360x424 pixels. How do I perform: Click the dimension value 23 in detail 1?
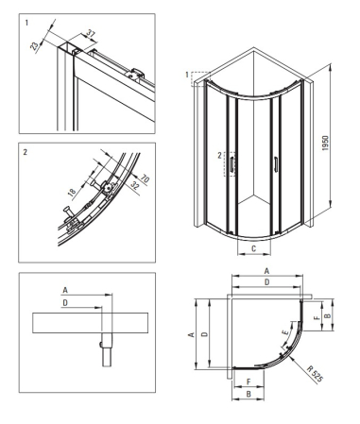point(34,45)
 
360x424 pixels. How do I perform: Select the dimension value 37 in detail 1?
point(91,33)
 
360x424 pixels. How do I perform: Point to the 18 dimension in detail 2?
point(72,192)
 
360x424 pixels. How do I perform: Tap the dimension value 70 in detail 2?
point(145,179)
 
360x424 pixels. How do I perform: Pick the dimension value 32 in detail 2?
point(134,185)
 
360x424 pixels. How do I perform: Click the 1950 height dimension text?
point(325,144)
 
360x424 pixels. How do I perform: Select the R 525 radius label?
point(315,374)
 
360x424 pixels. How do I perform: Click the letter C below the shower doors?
point(254,248)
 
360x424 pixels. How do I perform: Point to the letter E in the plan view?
point(284,332)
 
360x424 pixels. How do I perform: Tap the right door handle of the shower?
point(276,164)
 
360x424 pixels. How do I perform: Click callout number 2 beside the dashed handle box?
point(219,156)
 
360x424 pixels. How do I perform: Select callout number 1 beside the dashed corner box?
point(187,75)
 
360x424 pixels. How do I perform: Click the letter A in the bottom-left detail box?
point(65,290)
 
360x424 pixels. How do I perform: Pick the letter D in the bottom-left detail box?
point(65,303)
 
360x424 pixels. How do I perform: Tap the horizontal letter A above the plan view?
point(266,271)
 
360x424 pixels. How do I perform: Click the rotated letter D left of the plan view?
point(205,333)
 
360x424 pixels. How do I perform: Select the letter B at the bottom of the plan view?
point(249,394)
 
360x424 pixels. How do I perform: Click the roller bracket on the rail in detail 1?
point(136,75)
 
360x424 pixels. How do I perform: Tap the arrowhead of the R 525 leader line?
point(294,359)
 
